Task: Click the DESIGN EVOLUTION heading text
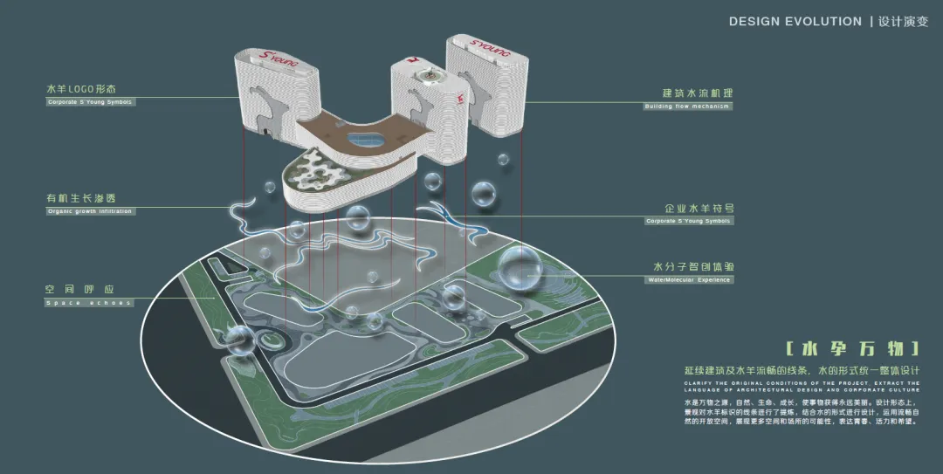(x=795, y=21)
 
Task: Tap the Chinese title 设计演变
(x=903, y=21)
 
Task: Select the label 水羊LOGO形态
(x=81, y=89)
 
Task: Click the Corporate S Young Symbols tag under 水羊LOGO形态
(x=90, y=102)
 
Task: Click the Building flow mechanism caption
(x=686, y=106)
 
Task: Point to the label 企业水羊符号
(x=699, y=209)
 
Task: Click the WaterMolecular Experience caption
(x=688, y=280)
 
